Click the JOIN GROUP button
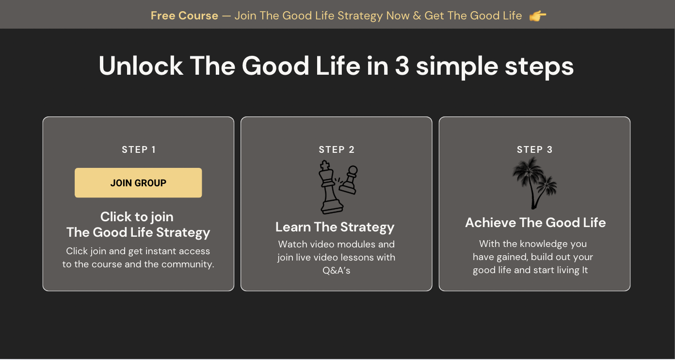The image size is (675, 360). click(138, 183)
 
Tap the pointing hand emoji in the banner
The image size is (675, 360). click(538, 16)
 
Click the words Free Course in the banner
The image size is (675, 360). click(184, 16)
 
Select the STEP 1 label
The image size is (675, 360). click(139, 149)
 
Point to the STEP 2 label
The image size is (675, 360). click(337, 149)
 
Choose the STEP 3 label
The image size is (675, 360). click(534, 149)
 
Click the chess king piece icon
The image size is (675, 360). click(330, 187)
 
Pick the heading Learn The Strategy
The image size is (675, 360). click(335, 227)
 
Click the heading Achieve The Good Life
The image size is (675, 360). click(535, 223)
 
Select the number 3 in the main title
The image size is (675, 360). click(402, 66)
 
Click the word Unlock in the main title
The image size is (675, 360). click(141, 65)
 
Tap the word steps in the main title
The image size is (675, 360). click(539, 67)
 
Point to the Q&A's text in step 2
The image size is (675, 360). click(337, 270)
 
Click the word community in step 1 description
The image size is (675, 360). click(187, 264)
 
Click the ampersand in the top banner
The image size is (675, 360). click(417, 16)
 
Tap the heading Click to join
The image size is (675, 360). click(137, 217)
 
